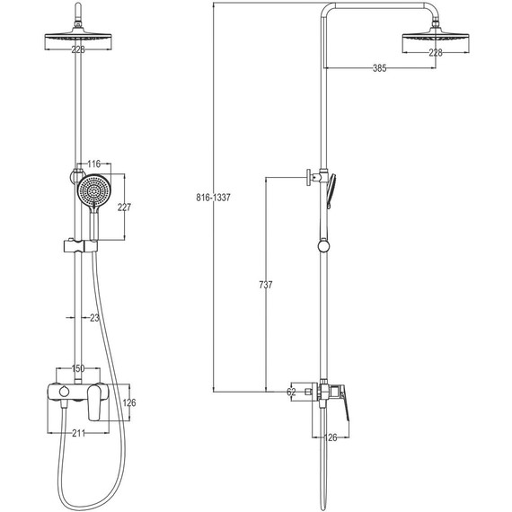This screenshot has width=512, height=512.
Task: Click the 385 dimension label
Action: pos(379,68)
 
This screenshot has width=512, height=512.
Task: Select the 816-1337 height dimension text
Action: pos(213,198)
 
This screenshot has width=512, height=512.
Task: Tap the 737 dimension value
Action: pos(266,285)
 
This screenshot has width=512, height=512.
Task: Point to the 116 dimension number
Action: pos(94,163)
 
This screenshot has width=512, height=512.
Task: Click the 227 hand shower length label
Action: pos(125,207)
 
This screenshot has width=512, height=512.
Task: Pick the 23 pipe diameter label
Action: pos(94,318)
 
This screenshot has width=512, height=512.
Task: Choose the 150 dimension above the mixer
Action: pos(78,368)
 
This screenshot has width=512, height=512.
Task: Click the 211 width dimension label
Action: pos(78,433)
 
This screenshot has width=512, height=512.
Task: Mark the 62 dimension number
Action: pos(291,392)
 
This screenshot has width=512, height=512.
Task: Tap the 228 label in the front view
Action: pos(78,49)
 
